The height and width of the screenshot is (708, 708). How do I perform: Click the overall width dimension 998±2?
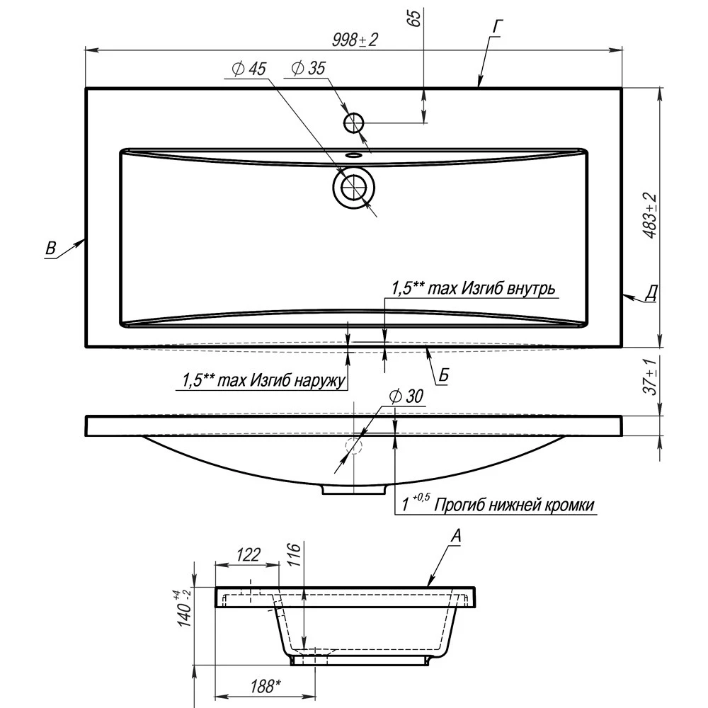(355, 40)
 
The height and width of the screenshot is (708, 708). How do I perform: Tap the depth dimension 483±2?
(650, 216)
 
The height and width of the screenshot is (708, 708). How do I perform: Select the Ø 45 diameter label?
(249, 69)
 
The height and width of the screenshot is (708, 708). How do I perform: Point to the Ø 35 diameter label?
(308, 68)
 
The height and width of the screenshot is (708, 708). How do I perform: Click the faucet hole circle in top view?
(353, 122)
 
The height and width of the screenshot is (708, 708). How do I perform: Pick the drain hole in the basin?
(353, 188)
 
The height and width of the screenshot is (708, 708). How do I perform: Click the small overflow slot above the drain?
(353, 155)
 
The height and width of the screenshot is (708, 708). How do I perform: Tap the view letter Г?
(498, 27)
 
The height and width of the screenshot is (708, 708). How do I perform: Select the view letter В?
(50, 249)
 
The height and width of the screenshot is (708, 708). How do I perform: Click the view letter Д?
(651, 294)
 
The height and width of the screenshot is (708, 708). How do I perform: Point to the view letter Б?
(444, 375)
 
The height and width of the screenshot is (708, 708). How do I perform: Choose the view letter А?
(457, 536)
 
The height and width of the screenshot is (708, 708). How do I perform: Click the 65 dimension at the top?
(414, 17)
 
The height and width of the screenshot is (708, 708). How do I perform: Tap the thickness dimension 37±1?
(650, 377)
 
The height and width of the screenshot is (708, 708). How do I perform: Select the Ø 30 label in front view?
(406, 396)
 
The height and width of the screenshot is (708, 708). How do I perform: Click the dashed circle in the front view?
(354, 445)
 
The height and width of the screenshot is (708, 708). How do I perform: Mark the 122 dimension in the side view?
(248, 554)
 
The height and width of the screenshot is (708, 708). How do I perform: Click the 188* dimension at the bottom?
(265, 687)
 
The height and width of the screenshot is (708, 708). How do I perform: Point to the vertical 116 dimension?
(294, 555)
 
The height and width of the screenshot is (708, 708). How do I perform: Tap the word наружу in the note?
(320, 380)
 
